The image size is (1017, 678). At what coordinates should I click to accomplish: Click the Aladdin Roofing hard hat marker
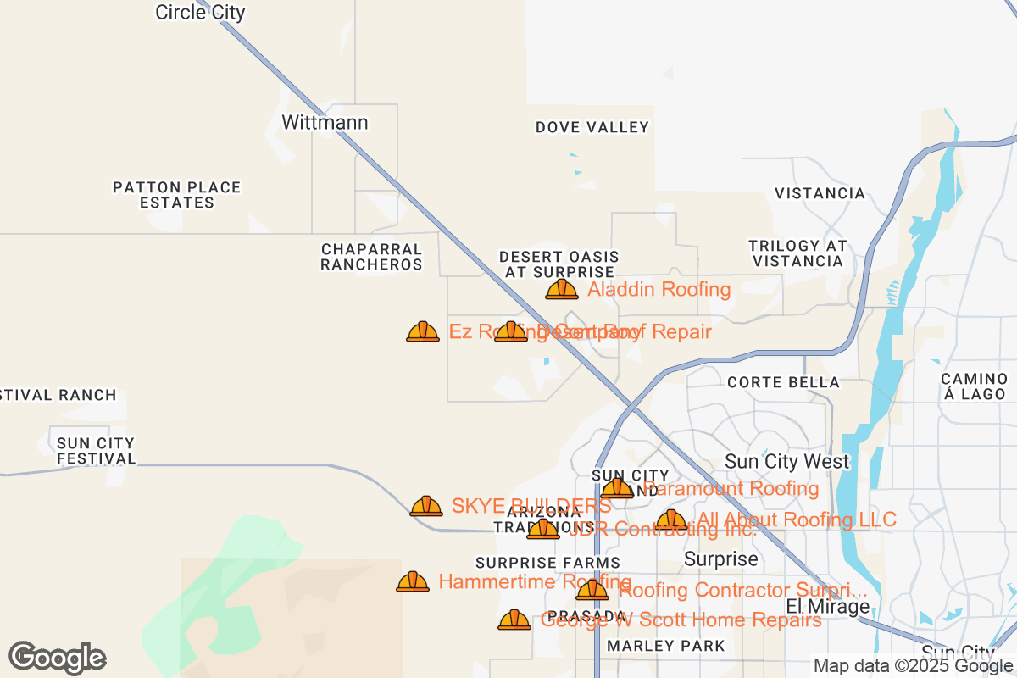point(562,290)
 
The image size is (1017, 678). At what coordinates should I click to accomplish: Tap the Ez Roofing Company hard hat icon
point(423,331)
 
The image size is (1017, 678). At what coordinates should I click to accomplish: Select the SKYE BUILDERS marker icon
point(426,506)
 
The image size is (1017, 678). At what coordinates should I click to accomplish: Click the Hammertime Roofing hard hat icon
point(413,581)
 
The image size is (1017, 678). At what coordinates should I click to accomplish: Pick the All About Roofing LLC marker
point(671,520)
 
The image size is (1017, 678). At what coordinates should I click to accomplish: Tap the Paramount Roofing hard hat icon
point(617,488)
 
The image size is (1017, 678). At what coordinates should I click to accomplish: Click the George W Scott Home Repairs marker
point(514,620)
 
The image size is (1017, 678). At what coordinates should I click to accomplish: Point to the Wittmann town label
point(325,123)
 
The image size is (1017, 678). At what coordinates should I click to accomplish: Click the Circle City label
point(200,12)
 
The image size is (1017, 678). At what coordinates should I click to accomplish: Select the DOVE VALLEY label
point(592,128)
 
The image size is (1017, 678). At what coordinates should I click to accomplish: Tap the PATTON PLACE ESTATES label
point(178,195)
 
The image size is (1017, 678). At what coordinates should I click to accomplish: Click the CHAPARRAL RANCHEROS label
point(371,257)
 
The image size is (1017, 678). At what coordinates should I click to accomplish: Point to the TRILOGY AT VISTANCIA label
point(797,253)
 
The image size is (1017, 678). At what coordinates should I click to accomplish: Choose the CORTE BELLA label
point(784,382)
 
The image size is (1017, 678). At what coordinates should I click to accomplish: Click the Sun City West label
point(786,462)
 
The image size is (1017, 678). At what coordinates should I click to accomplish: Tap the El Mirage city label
point(828,607)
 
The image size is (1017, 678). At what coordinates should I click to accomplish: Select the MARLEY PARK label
point(666,646)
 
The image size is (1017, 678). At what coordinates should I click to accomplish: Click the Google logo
point(57,658)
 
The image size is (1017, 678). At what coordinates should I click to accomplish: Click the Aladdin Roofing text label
point(659,290)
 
